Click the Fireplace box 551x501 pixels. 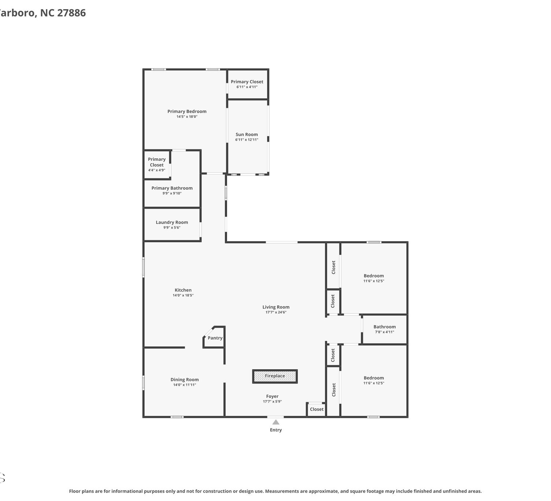275,376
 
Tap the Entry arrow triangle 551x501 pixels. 276,422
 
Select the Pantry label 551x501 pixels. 215,338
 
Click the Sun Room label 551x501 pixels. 246,134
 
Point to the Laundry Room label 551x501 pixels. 172,222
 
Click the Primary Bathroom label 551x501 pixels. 172,188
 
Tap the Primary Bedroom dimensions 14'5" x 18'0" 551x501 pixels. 187,116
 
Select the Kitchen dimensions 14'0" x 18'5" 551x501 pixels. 183,295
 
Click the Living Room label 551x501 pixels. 276,307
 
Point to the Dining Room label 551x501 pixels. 184,380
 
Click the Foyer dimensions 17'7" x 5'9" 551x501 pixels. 272,401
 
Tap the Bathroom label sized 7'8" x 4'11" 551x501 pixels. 385,327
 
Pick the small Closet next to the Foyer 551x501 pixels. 317,409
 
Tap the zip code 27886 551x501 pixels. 71,12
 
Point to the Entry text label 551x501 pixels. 276,430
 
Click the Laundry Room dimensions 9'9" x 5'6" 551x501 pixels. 172,227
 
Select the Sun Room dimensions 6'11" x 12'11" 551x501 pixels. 246,139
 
